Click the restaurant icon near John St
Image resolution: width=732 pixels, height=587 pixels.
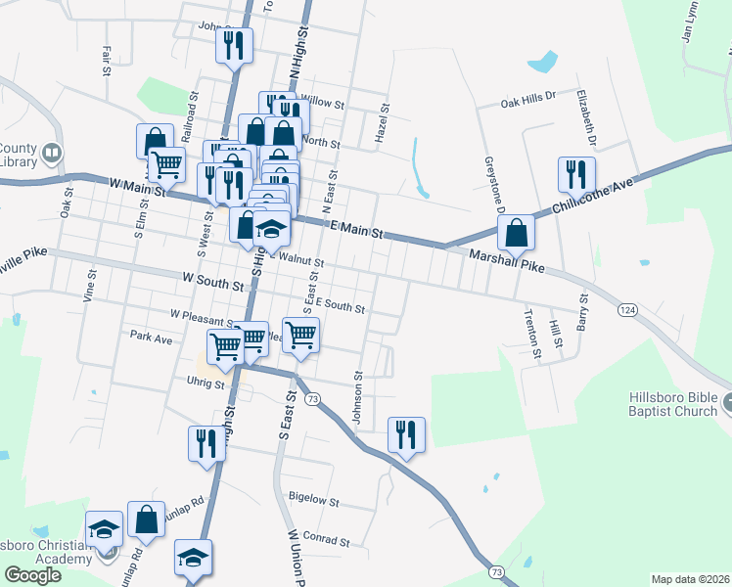[x=235, y=45]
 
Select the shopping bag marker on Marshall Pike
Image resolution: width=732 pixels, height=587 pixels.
[x=516, y=233]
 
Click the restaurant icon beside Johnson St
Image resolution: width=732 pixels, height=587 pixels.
[x=406, y=433]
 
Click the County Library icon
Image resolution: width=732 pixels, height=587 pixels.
[x=51, y=154]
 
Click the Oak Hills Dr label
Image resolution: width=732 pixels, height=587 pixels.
[x=527, y=99]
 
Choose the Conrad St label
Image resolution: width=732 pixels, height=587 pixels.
[x=326, y=539]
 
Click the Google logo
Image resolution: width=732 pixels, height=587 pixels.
[x=33, y=574]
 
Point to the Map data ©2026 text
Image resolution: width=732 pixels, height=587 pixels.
[x=690, y=579]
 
